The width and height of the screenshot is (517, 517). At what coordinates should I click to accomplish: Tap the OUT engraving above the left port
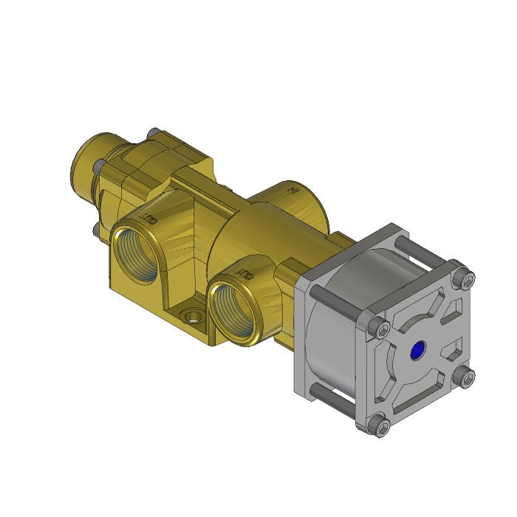click(148, 219)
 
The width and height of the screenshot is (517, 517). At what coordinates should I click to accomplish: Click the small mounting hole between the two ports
click(194, 317)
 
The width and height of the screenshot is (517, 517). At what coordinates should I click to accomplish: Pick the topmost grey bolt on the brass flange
click(152, 131)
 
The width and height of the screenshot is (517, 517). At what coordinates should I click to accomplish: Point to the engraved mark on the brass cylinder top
click(292, 189)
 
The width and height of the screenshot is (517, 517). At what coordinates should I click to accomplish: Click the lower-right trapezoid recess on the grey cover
click(451, 346)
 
